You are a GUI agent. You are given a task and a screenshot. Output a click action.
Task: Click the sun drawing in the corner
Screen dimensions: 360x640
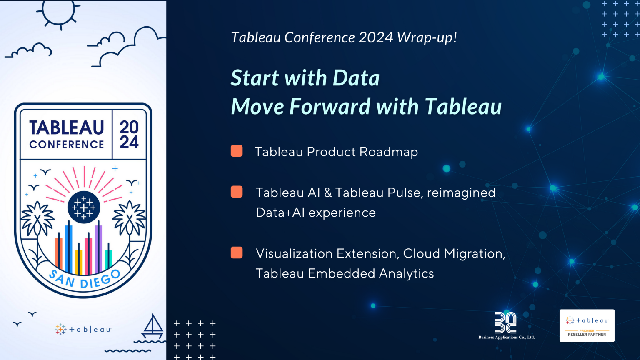coord(59,11)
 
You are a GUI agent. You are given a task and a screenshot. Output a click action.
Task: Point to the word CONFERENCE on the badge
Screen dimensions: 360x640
coord(67,145)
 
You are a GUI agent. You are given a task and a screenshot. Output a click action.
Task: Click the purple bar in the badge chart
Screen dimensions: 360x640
coord(98,248)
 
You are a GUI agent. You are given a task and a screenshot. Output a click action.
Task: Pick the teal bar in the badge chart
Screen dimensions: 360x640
coord(108,259)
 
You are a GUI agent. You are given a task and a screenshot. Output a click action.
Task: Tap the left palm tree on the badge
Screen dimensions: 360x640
coord(37,221)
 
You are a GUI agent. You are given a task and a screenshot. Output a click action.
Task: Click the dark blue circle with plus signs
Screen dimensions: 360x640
coord(84,207)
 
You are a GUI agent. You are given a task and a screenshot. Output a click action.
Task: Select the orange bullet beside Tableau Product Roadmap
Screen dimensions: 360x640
coord(237,151)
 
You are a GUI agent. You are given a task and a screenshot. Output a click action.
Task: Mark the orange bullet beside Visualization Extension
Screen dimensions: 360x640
coord(237,252)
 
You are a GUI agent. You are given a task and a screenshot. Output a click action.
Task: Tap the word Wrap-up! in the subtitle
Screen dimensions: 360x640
coord(427,37)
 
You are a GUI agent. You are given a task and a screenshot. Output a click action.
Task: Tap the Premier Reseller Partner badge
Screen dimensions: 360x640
coord(587,325)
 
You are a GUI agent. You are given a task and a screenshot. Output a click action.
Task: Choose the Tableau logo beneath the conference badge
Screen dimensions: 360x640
coord(83,329)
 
